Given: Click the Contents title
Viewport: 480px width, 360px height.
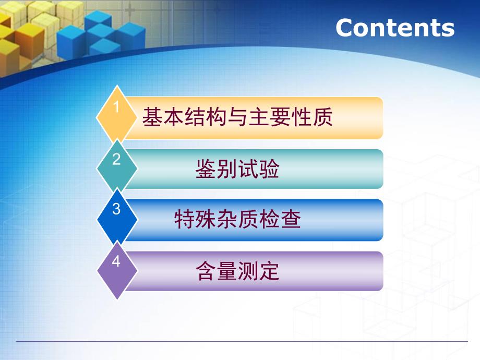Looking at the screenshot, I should (395, 28).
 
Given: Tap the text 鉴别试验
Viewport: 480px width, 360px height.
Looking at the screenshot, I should (237, 170).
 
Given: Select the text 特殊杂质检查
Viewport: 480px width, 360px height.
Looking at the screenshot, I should (237, 220).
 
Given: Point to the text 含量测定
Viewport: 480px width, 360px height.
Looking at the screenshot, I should (237, 271).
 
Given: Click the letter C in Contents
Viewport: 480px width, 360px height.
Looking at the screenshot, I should (346, 28).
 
